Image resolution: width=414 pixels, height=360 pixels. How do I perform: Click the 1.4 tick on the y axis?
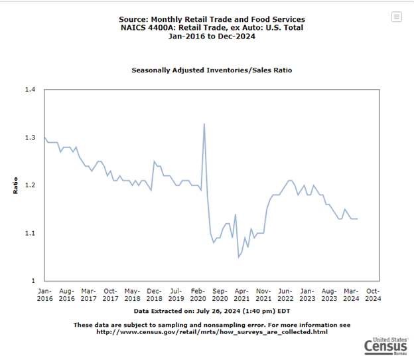31,89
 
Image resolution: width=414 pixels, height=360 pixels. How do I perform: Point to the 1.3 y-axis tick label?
31,137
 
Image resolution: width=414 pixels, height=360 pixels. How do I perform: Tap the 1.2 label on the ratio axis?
31,185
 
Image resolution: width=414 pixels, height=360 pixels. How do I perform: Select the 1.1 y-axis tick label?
31,233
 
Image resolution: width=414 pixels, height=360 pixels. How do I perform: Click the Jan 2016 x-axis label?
44,295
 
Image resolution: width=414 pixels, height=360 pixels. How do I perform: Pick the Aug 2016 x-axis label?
66,295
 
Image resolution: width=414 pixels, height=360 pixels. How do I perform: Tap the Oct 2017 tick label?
110,295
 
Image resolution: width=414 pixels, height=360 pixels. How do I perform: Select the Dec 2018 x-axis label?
154,295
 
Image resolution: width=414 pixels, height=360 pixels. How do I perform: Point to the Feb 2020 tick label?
198,295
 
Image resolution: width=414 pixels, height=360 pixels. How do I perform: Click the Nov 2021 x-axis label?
263,295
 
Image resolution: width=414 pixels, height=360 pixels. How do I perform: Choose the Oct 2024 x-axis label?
373,295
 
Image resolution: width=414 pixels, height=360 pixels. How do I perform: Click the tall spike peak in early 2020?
204,124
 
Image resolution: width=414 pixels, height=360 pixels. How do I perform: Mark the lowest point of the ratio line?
239,257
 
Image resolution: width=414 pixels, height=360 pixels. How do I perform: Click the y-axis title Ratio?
15,185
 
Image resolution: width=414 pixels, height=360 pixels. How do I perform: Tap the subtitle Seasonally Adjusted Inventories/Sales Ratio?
212,70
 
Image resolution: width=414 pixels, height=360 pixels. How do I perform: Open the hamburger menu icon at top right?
397,17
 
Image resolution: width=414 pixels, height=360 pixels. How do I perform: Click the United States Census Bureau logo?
387,345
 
